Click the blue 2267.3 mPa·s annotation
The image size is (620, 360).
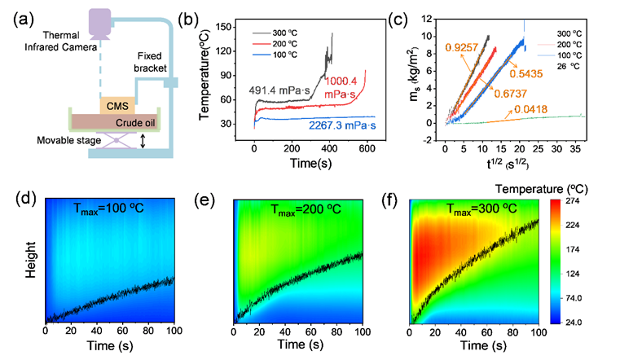coord(343,126)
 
